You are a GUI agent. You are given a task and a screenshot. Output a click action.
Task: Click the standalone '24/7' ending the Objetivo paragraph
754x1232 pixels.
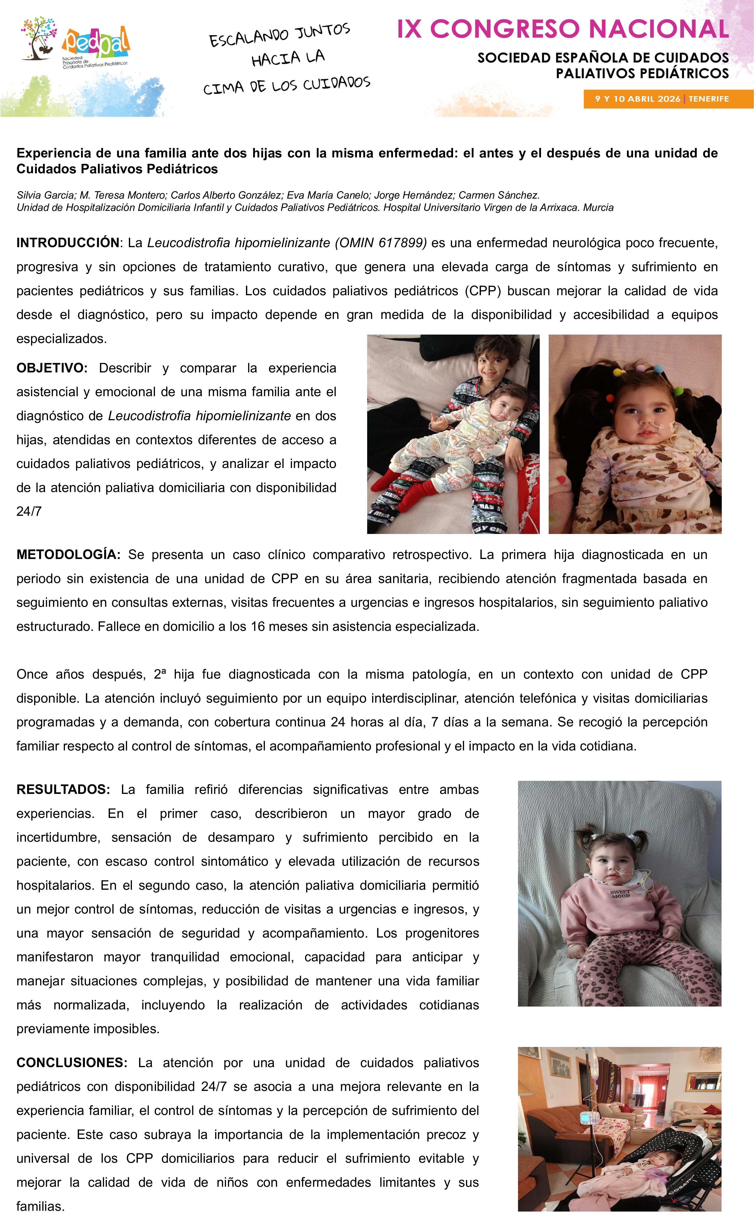(29, 511)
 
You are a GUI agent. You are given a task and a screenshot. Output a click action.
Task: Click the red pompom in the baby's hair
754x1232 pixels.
(610, 397)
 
